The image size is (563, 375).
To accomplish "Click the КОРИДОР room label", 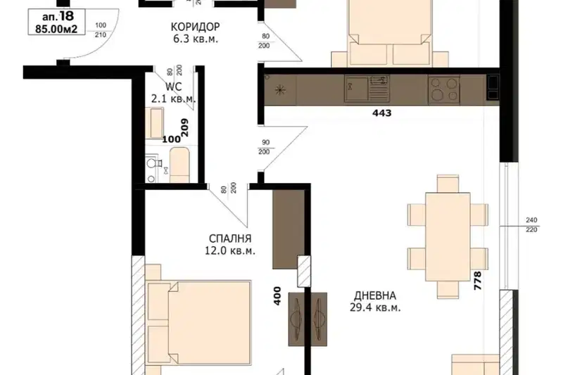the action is coord(195,27).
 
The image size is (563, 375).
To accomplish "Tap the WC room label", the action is coord(174,87).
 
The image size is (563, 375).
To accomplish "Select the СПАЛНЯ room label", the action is coord(230,239).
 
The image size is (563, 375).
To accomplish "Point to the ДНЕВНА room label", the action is coord(375,295).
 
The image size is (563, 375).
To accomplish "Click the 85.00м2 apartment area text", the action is coord(56,29).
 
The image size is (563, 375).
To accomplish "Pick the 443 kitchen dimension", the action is coord(381,113).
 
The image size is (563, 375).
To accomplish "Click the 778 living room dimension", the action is coord(478,281).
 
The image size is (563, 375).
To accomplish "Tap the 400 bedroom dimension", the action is coord(277,295).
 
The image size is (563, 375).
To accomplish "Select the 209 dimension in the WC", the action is coord(184,128).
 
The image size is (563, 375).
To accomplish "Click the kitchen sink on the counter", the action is coord(356,88).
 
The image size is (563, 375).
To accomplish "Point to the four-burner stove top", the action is coord(444,89).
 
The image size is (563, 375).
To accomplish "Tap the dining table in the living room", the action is coord(448,237).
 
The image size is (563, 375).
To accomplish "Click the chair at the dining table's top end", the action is coord(448,184).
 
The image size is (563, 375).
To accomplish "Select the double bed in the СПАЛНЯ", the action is coord(198,323).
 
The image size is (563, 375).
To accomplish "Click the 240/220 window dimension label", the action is coord(531,225).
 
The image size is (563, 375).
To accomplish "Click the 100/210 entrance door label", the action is coord(101,30).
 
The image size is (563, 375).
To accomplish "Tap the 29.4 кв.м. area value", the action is coord(375,307).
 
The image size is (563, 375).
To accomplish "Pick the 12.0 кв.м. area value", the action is coord(230,250).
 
